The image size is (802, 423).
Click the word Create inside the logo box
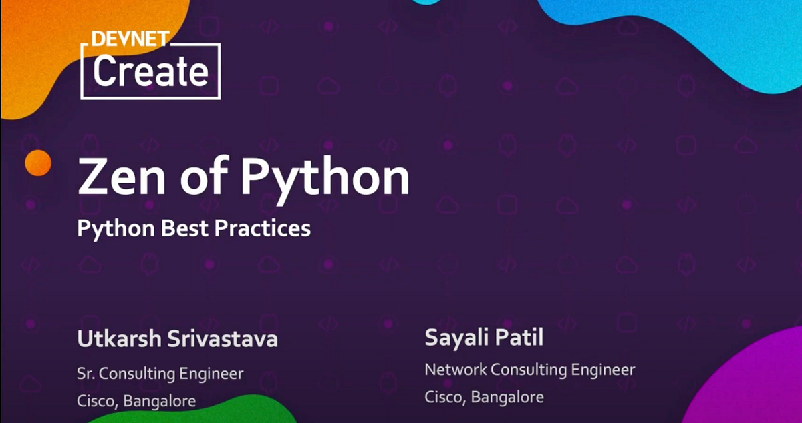[150, 71]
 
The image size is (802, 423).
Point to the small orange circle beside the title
[37, 163]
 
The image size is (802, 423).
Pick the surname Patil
[520, 337]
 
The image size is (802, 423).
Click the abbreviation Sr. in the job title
[87, 373]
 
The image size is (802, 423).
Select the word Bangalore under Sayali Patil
[507, 397]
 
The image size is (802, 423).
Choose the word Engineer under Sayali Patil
[604, 369]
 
